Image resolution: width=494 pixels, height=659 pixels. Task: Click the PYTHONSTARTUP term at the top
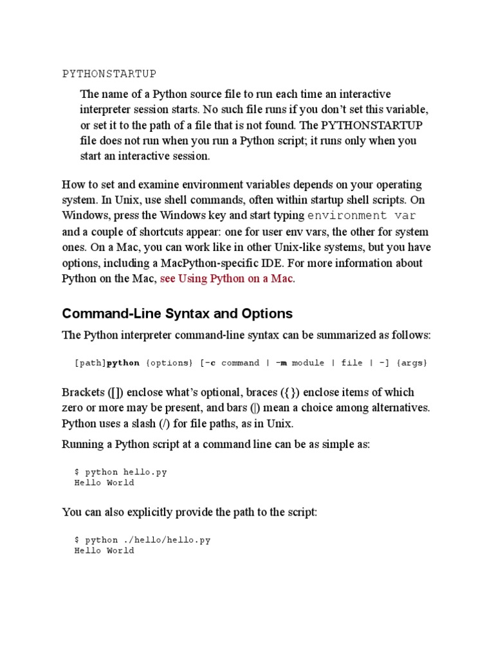point(109,73)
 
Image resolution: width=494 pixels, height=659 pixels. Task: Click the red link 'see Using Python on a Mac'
point(226,279)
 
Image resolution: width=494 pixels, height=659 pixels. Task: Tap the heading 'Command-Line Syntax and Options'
point(177,313)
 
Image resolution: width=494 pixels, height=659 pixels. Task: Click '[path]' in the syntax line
point(90,363)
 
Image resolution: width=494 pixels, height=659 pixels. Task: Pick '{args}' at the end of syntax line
point(412,363)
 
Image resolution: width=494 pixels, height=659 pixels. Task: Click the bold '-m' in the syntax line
point(280,363)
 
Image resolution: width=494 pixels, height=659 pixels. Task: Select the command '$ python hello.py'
point(120,472)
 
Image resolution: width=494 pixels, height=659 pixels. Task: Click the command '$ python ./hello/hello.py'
point(142,540)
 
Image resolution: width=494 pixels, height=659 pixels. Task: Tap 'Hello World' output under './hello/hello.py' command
point(104,551)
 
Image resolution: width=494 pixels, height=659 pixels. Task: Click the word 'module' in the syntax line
point(308,363)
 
